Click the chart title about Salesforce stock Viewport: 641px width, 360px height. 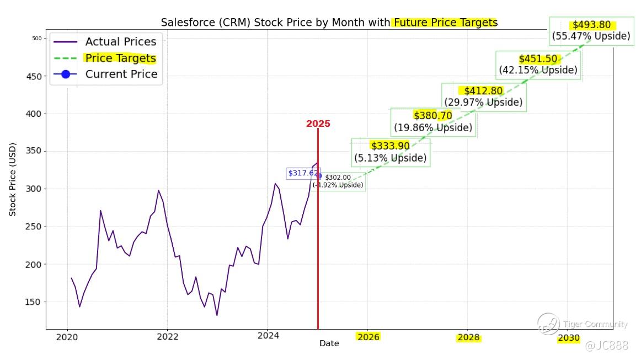coord(329,23)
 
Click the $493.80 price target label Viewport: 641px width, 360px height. coord(591,30)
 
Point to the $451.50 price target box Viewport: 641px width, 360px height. coord(538,65)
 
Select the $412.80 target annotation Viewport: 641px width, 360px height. coord(483,96)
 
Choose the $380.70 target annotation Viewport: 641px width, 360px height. coord(433,122)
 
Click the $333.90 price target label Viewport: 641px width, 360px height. coord(390,152)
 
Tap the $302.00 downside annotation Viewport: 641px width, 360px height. coord(338,181)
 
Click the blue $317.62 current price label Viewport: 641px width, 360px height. coord(303,173)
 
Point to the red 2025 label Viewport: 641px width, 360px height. coord(318,124)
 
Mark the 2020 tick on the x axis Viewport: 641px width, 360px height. coord(67,337)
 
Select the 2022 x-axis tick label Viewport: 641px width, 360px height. coord(167,337)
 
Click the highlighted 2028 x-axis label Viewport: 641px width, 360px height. coord(468,337)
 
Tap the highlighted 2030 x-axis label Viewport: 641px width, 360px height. coord(568,338)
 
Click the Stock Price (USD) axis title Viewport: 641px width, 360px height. coord(13,179)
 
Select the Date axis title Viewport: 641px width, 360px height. coord(329,343)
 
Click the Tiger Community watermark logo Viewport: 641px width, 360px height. coord(549,324)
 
